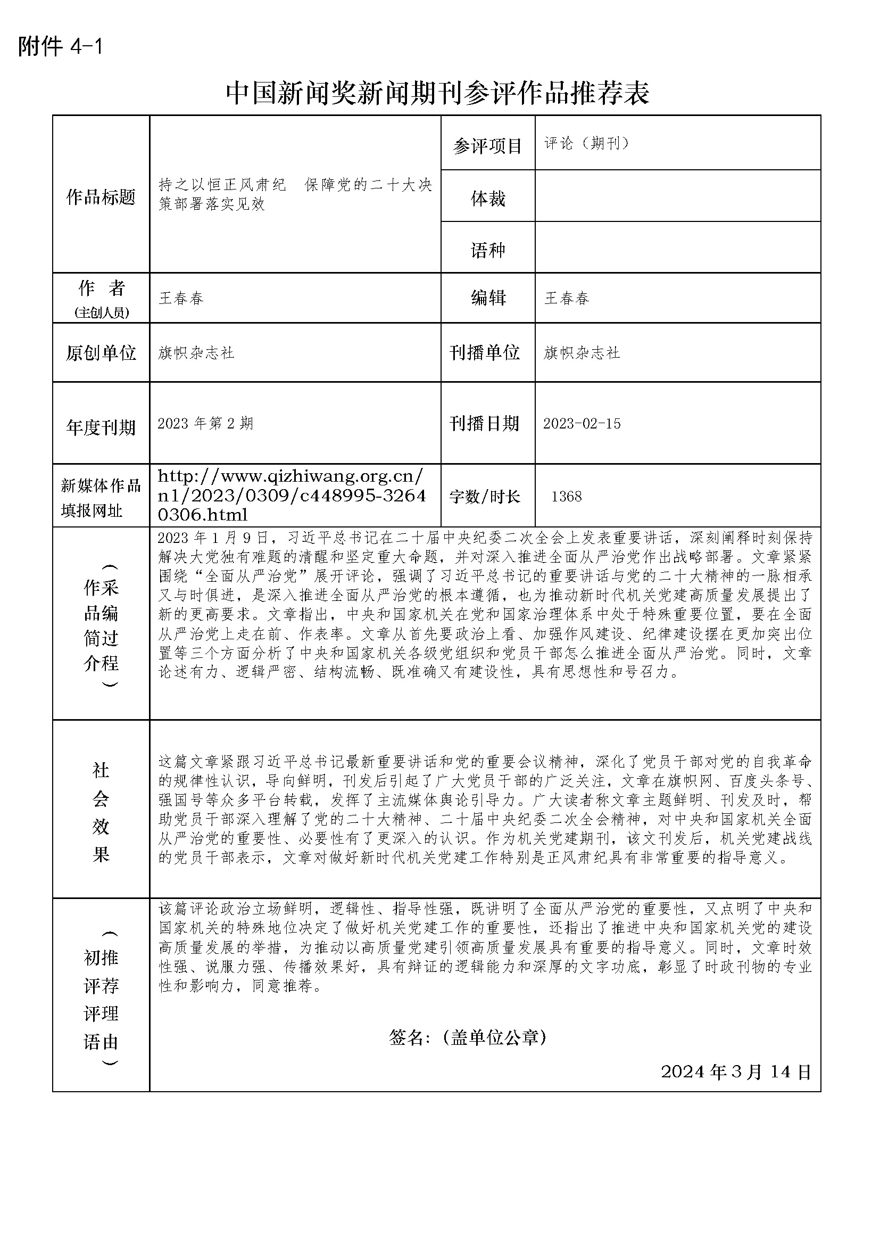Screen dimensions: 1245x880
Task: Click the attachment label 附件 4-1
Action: tap(60, 47)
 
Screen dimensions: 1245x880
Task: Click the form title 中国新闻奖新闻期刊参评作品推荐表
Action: tap(437, 93)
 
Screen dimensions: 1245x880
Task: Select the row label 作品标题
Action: tap(101, 197)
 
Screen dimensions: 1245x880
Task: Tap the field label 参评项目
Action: tap(487, 146)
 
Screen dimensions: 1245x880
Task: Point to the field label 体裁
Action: tap(488, 199)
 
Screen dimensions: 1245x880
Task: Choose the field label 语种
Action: tap(488, 250)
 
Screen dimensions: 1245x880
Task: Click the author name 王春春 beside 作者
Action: tap(181, 298)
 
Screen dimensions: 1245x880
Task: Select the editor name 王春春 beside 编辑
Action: tap(566, 298)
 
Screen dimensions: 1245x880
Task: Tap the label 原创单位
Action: tap(101, 353)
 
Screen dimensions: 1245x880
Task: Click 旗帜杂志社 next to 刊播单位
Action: tap(582, 353)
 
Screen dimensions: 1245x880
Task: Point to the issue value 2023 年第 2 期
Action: tap(205, 424)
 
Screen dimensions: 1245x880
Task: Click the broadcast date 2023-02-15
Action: tap(582, 424)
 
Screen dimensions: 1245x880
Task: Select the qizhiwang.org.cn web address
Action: tap(292, 496)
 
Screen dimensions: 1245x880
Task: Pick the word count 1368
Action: tap(566, 496)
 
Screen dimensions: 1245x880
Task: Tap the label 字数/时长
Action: tap(485, 496)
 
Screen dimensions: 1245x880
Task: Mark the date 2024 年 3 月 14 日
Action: tap(736, 1071)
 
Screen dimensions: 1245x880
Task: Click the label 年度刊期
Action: tap(101, 428)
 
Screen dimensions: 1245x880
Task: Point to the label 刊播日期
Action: tap(485, 424)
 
